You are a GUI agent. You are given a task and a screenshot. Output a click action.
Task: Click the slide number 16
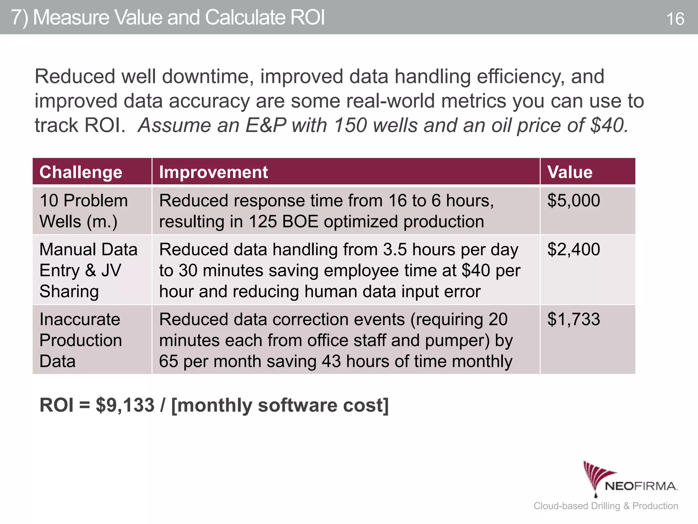pos(675,19)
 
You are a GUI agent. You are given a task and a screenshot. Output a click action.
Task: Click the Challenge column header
pos(81,172)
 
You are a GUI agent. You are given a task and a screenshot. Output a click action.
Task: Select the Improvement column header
pos(213,172)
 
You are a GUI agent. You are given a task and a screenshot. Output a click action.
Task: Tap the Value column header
pos(570,172)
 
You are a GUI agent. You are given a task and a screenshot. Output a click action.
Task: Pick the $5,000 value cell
pos(574,201)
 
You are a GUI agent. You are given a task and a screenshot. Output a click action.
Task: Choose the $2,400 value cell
pos(574,249)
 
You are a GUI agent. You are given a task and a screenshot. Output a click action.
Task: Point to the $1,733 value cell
pos(574,320)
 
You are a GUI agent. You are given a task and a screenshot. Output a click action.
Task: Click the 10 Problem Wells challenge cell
pos(84,211)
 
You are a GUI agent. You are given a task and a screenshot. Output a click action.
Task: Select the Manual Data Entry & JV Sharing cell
pos(88,270)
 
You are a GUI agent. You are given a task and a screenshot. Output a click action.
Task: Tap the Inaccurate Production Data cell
pos(80,340)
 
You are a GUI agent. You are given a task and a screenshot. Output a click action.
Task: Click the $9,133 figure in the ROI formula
pos(125,405)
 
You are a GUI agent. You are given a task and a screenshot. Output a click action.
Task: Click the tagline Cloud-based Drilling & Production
pos(606,506)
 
